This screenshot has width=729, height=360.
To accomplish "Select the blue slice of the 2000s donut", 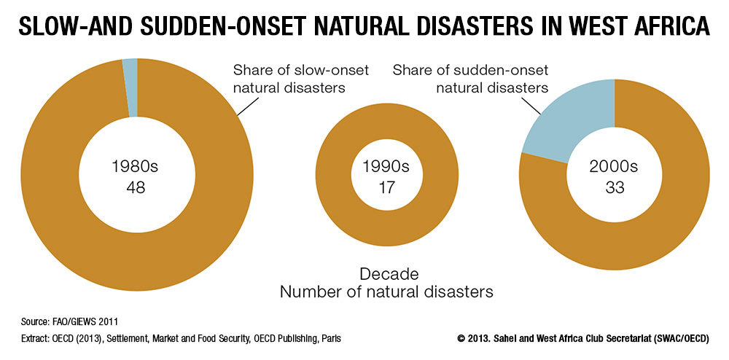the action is (x=577, y=119).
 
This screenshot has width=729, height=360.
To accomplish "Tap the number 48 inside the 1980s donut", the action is (x=136, y=187).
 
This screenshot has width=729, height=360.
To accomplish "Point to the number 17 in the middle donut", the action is (x=386, y=187).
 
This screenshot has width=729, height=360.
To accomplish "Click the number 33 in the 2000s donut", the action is (x=615, y=187).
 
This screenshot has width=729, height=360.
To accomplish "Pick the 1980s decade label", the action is (x=136, y=167).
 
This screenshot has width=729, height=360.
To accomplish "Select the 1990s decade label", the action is (x=386, y=167).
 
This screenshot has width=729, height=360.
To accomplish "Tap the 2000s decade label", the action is (x=615, y=167).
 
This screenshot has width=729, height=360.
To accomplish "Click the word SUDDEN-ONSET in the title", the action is (x=200, y=27).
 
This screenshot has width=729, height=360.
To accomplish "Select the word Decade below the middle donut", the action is (x=386, y=274).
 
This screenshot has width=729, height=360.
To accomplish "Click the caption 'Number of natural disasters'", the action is (x=386, y=292).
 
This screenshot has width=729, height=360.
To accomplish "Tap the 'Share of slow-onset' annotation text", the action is (x=301, y=71).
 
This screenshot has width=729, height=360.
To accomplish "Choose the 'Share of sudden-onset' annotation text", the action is (x=470, y=71).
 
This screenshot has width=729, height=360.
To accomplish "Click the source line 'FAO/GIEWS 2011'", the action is (x=90, y=321).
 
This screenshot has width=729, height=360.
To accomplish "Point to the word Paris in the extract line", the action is (x=332, y=339).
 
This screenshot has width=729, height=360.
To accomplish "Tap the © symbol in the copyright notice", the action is (x=461, y=339).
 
